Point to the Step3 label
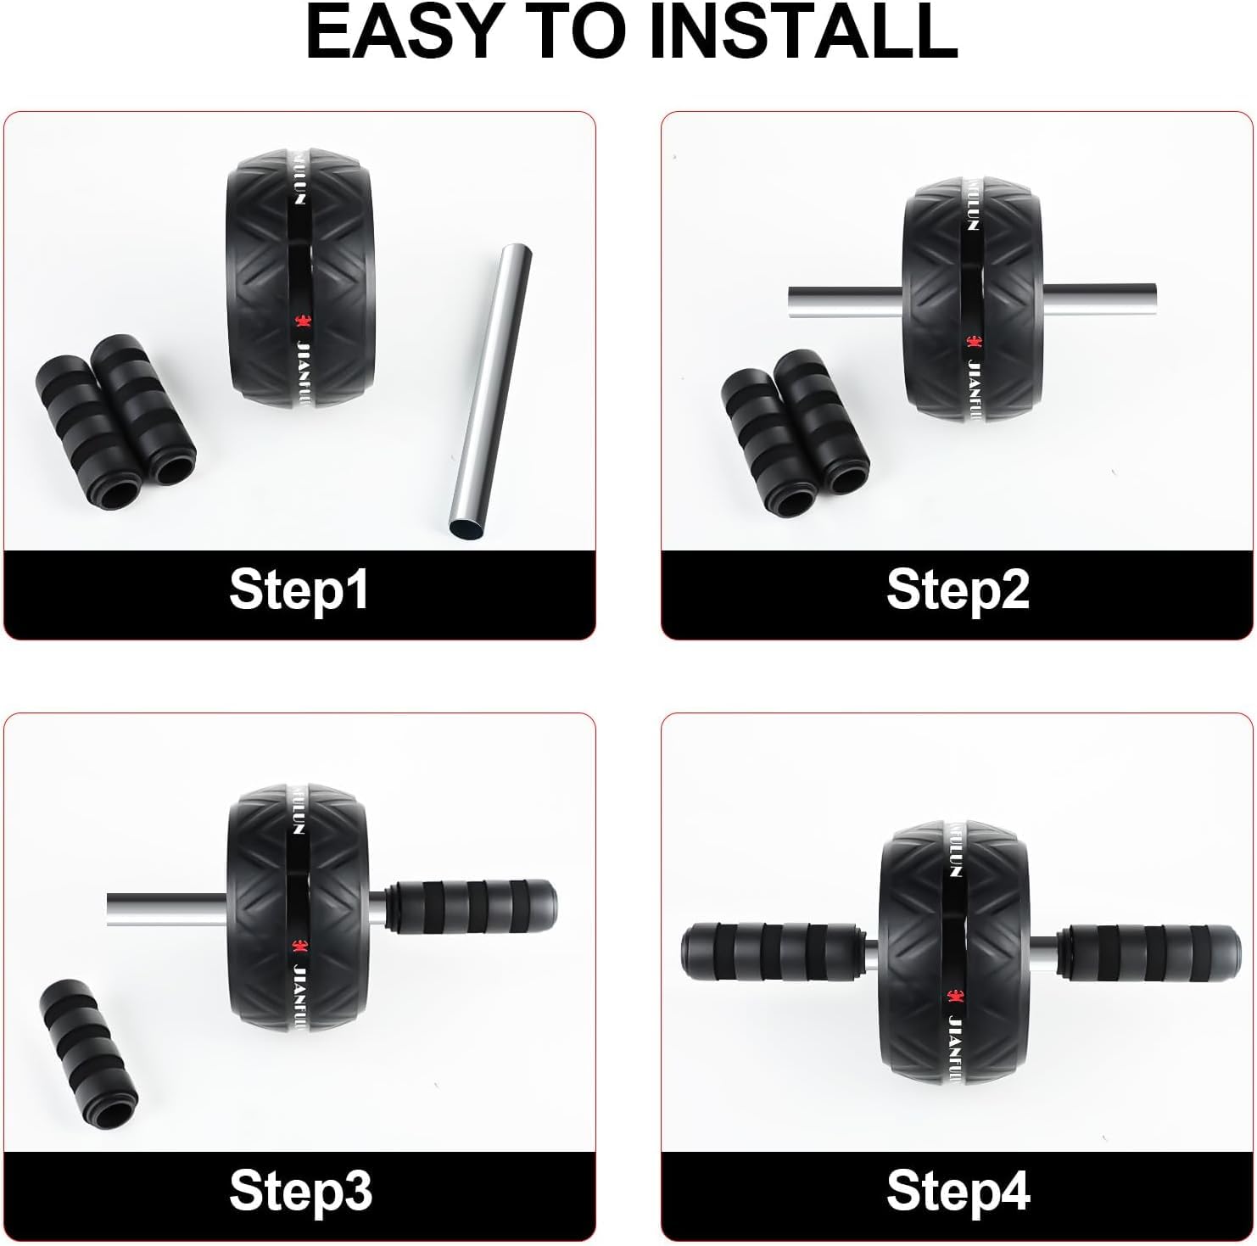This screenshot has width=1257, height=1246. coord(300,1191)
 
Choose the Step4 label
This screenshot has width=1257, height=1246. coord(958,1191)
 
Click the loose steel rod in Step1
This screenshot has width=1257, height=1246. coord(490,392)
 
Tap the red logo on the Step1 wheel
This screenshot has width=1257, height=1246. coord(299,321)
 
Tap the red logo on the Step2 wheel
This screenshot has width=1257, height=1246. coord(973,341)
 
